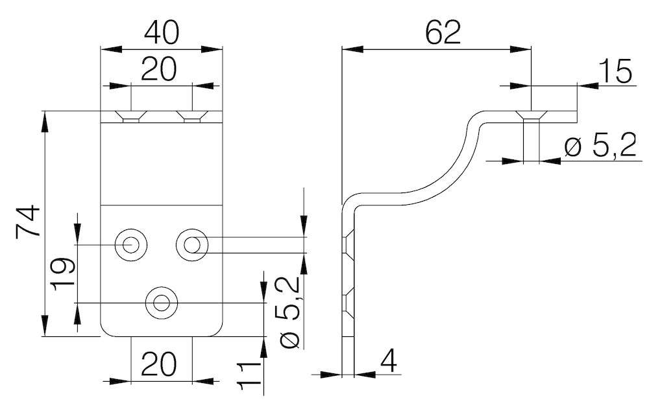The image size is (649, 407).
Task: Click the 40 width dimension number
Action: (x=161, y=32)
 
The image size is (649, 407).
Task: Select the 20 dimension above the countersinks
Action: (x=158, y=70)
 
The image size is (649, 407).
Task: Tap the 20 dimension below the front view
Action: (x=159, y=366)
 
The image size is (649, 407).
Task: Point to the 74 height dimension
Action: (x=29, y=222)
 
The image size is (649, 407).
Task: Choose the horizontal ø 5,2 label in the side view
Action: (x=600, y=148)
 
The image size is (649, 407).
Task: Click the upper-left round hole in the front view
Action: (x=130, y=244)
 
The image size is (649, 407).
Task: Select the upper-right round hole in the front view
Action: (x=192, y=244)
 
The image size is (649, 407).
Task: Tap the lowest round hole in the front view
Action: (x=160, y=302)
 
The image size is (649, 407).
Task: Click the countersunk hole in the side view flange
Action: (x=532, y=118)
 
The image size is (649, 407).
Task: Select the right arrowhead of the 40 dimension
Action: (x=214, y=49)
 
